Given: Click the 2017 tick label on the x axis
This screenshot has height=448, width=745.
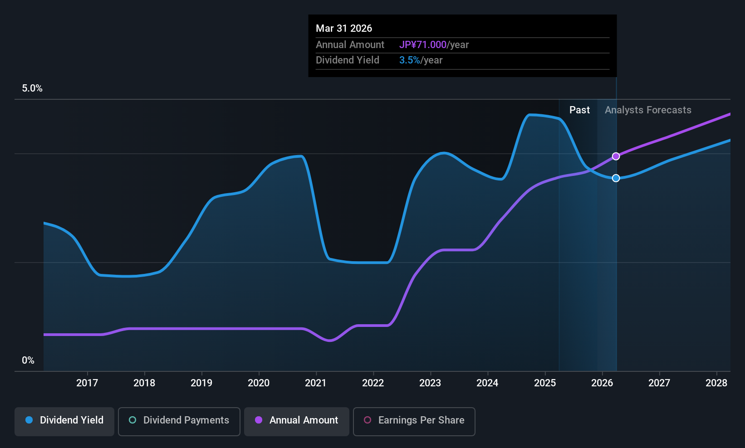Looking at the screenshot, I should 87,383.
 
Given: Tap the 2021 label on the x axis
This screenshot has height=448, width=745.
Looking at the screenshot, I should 316,383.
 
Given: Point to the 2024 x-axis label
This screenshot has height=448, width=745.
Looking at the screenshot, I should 487,383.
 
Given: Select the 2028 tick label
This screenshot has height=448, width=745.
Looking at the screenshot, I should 716,383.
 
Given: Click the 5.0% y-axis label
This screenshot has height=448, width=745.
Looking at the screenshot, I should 32,88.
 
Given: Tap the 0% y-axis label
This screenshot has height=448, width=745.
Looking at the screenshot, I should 28,360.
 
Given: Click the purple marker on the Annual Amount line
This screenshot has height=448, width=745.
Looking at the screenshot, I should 616,156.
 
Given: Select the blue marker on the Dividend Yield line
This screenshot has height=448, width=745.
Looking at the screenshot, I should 616,178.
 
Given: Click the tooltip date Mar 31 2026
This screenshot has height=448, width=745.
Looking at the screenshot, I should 344,28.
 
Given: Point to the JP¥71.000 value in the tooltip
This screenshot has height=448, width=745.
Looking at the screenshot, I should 423,45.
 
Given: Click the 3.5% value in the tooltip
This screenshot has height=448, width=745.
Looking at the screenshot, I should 409,60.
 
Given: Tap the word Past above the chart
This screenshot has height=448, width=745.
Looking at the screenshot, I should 579,110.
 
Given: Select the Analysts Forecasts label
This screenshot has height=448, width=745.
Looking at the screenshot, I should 648,110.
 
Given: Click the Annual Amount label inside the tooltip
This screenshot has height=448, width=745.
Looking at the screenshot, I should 350,45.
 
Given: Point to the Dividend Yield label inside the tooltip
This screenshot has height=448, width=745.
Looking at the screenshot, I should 348,60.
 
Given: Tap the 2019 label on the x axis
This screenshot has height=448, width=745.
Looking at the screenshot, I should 201,383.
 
